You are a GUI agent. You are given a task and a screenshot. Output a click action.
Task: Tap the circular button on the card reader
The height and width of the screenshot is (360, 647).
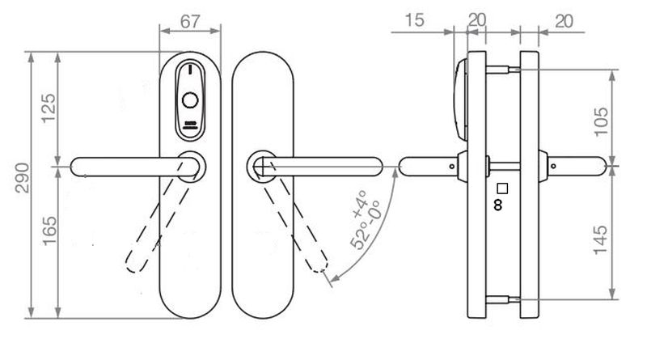191,101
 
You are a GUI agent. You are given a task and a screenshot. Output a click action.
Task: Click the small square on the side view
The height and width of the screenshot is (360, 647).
501,188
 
